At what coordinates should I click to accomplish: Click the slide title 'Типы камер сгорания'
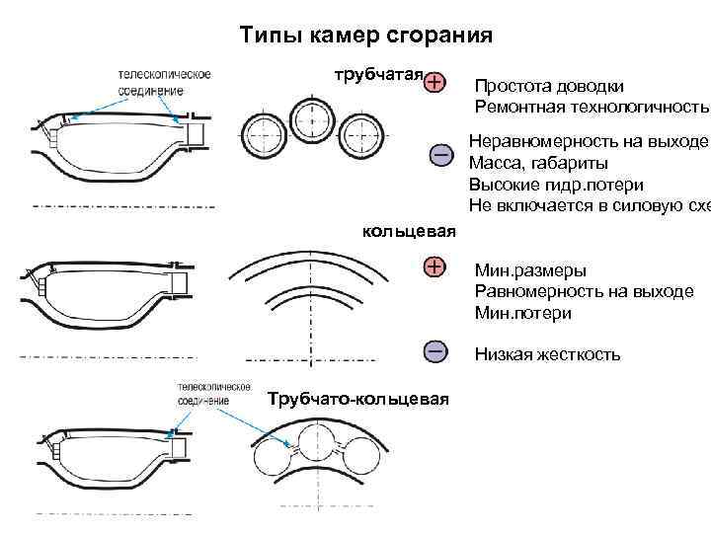[x=366, y=38]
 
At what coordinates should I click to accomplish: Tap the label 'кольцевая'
[x=409, y=231]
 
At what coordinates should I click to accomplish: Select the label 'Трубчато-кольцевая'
[x=358, y=398]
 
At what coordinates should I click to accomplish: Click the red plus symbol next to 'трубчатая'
[x=435, y=82]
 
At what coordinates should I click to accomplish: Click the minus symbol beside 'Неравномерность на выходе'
[x=441, y=155]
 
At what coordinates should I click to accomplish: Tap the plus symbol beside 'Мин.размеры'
[x=435, y=266]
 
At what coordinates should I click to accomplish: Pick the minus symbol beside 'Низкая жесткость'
[x=435, y=350]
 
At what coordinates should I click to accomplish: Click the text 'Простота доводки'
[x=549, y=86]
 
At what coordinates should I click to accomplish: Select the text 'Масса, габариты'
[x=538, y=163]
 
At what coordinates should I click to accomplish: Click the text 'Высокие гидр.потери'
[x=557, y=184]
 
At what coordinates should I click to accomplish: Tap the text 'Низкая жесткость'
[x=547, y=354]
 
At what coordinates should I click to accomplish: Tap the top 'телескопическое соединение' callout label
[x=164, y=82]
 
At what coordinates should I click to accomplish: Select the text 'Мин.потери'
[x=522, y=313]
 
